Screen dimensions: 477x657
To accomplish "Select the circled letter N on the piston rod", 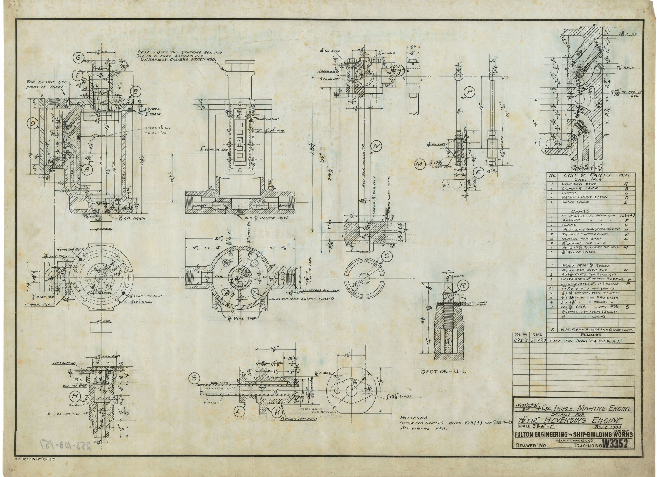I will coord(375,145).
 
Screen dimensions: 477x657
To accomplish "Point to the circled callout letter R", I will coord(463,285).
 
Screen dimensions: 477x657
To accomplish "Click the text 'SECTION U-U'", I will coord(444,371).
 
